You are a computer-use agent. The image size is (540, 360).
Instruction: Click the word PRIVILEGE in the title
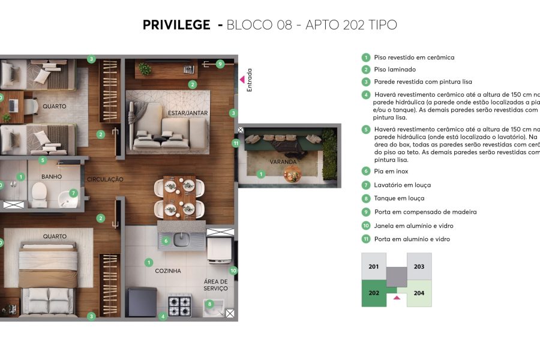pos(176,25)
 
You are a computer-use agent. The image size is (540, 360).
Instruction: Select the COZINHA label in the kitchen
pos(168,271)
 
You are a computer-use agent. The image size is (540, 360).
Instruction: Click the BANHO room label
pos(52,177)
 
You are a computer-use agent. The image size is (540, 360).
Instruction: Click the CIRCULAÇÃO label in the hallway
pos(105,179)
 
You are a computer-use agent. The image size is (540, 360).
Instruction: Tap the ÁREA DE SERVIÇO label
pos(215,285)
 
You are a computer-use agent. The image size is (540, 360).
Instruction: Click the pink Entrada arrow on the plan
pos(242,79)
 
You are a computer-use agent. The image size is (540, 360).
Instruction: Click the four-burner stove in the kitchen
pos(179,305)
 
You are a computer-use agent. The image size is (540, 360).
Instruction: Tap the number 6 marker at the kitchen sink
pos(166,241)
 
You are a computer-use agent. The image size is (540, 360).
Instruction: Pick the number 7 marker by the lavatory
pos(73,193)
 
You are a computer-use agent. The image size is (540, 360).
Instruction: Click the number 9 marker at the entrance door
pos(220,64)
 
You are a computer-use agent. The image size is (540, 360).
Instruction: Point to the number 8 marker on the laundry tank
pos(209,304)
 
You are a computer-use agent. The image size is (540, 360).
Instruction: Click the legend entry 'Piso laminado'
pos(395,70)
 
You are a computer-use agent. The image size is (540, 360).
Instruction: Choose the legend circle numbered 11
pos(365,239)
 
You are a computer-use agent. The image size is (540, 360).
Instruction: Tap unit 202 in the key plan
pos(374,293)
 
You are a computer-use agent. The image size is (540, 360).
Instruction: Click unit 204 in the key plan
pos(419,293)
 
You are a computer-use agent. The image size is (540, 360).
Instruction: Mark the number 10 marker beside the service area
pos(233,271)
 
